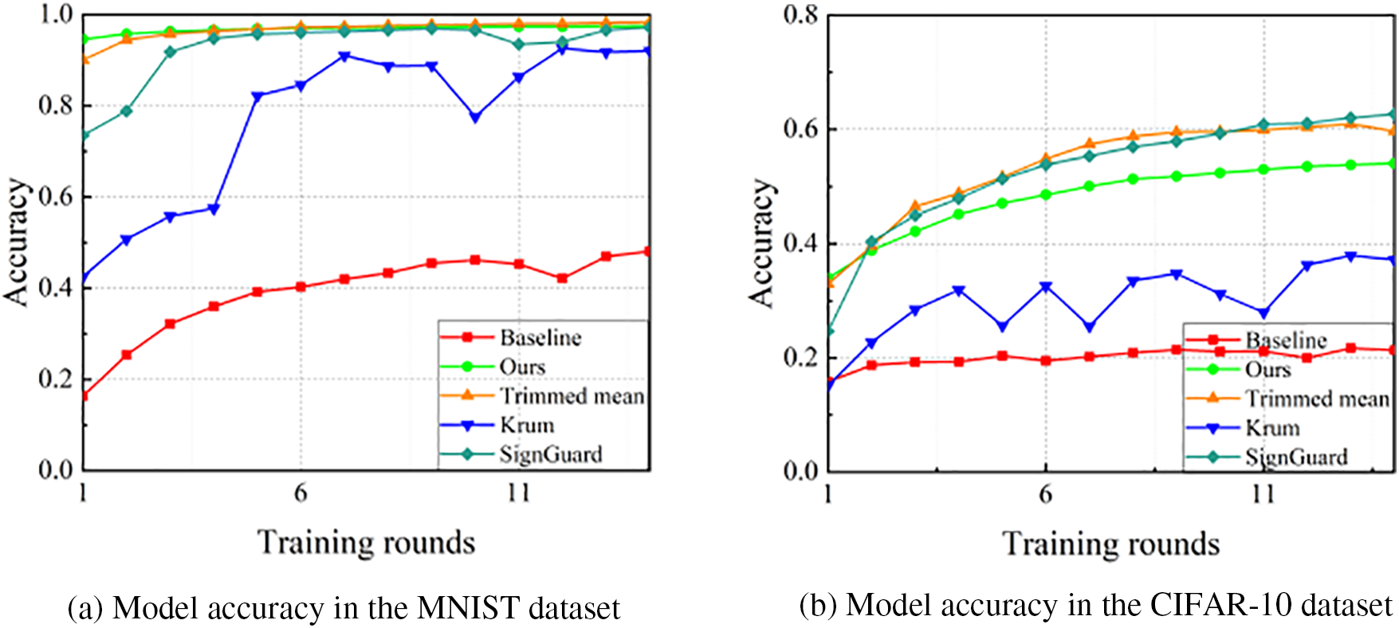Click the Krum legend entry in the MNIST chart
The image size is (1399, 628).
527,425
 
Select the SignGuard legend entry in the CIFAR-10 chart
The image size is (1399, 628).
1296,457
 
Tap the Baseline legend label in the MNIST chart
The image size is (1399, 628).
540,338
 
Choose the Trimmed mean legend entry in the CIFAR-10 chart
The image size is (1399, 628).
1317,398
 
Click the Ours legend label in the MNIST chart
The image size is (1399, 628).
522,367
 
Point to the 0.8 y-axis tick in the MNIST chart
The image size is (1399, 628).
55,106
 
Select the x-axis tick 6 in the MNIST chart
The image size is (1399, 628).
301,493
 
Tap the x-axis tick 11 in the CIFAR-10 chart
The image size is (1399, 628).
1263,494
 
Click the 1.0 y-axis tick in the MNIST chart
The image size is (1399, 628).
55,15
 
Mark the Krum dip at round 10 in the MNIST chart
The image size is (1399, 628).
475,117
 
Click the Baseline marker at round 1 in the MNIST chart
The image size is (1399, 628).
84,395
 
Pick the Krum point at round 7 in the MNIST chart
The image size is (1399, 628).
344,56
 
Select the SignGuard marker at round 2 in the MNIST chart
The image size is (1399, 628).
126,111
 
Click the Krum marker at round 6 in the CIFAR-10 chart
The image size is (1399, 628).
1046,286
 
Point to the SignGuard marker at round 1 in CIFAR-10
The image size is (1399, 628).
829,332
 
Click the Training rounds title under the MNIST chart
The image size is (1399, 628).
366,543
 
